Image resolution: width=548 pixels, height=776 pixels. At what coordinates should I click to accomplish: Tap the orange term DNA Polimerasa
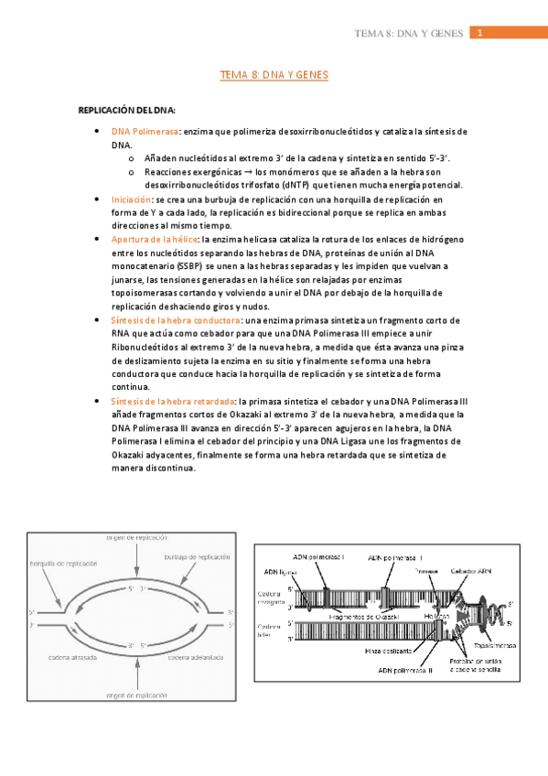(145, 132)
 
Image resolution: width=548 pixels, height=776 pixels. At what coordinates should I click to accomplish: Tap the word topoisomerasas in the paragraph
(148, 292)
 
